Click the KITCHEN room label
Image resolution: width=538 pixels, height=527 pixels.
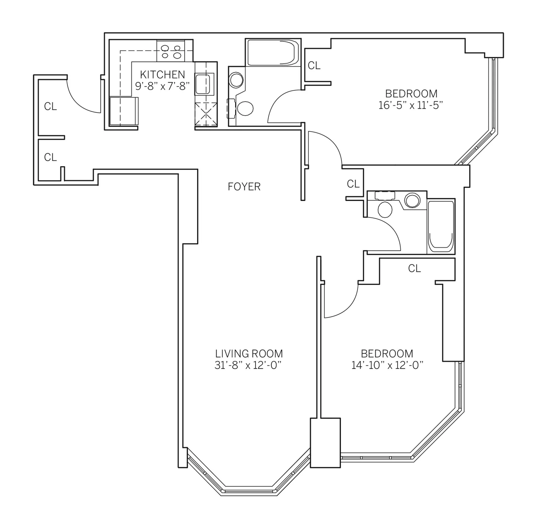click(162, 75)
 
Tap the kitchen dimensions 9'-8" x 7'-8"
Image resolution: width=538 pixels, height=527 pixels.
click(162, 86)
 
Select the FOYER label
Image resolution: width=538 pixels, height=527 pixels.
click(244, 187)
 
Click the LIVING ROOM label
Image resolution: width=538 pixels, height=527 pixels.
click(249, 353)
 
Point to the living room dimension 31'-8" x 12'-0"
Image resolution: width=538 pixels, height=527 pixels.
click(248, 365)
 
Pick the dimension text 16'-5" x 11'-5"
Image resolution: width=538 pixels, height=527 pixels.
click(411, 105)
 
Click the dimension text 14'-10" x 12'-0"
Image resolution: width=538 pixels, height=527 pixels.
click(387, 365)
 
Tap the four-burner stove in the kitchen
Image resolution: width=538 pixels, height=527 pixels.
click(171, 52)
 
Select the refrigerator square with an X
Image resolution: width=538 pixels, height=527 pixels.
click(206, 114)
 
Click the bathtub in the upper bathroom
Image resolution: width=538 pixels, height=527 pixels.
click(273, 53)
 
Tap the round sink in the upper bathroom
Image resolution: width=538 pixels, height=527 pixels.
click(236, 80)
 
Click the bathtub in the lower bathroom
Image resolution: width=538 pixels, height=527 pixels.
click(441, 226)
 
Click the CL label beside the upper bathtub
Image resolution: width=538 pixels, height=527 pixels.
click(314, 65)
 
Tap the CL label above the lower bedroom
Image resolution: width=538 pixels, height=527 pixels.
click(414, 268)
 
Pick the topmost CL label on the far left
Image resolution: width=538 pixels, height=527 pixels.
click(50, 106)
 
